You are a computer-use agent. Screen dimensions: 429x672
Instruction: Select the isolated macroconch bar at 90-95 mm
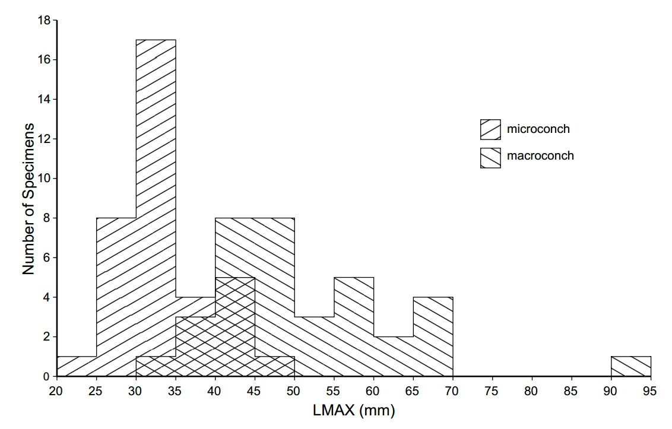[x=631, y=366]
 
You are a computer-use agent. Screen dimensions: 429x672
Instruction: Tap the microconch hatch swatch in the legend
[x=490, y=129]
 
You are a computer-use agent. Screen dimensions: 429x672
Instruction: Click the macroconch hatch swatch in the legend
[x=490, y=157]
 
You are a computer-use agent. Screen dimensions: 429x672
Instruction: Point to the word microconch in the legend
[x=538, y=129]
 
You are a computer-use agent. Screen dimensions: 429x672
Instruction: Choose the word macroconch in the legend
[x=540, y=156]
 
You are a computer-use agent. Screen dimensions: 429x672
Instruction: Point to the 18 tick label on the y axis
[x=44, y=20]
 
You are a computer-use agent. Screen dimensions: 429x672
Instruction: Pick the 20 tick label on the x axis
[x=56, y=391]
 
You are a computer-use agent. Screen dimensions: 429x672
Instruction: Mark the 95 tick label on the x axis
[x=651, y=391]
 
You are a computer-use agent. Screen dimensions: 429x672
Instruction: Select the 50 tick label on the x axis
[x=294, y=391]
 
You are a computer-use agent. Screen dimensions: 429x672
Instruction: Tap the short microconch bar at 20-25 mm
[x=76, y=367]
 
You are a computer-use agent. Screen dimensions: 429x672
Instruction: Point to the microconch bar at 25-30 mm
[x=116, y=297]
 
